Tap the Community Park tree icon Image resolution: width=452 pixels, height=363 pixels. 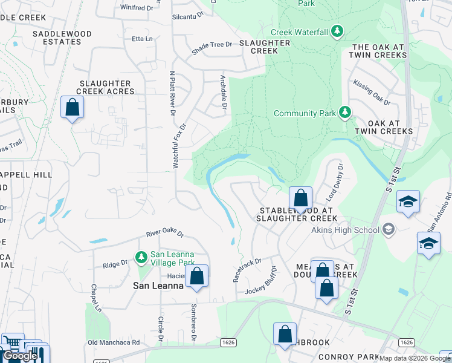pyautogui.click(x=344, y=113)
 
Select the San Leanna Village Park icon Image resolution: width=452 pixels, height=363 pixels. pyautogui.click(x=141, y=258)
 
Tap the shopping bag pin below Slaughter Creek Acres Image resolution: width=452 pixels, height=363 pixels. pyautogui.click(x=73, y=108)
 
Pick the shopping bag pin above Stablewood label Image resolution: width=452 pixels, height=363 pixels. pyautogui.click(x=300, y=198)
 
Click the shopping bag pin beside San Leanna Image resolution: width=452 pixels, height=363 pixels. pyautogui.click(x=196, y=276)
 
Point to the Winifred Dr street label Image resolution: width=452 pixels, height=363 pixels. pyautogui.click(x=137, y=8)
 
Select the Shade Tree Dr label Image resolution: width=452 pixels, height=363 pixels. pyautogui.click(x=212, y=44)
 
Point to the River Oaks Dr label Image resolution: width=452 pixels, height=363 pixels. pyautogui.click(x=164, y=233)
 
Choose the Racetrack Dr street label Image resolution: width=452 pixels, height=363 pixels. pyautogui.click(x=247, y=270)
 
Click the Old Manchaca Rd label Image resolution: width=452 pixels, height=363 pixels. pyautogui.click(x=114, y=342)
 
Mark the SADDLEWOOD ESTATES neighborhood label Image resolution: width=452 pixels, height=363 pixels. pyautogui.click(x=57, y=38)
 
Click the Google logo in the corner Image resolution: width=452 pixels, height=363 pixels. pyautogui.click(x=20, y=356)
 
